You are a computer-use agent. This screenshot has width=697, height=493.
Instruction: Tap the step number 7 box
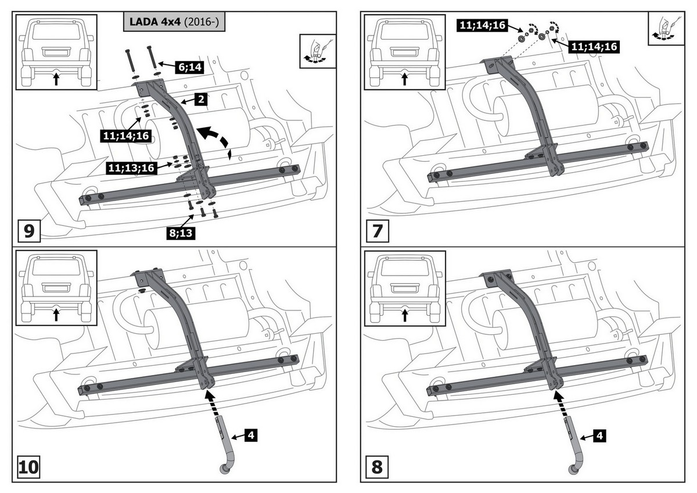click(x=377, y=231)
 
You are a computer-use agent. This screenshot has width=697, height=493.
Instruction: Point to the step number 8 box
click(x=377, y=467)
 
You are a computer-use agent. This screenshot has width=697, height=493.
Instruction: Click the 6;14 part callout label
click(x=189, y=67)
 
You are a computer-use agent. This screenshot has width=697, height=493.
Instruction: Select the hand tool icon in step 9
click(x=318, y=51)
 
